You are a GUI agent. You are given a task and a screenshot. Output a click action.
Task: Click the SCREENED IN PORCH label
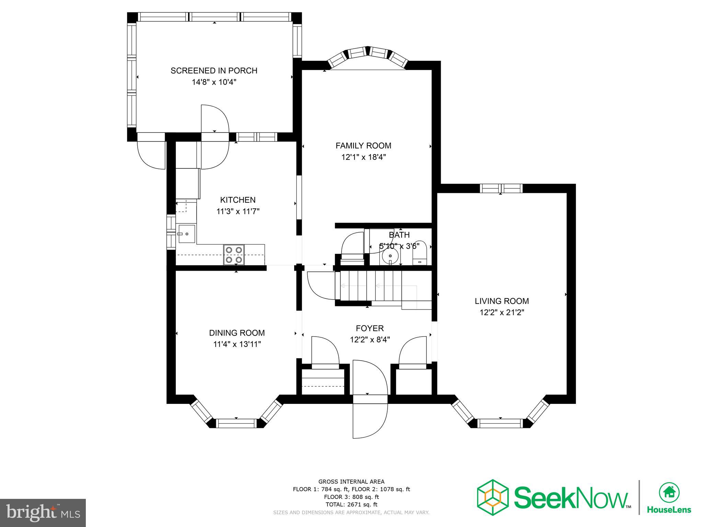tap(214, 71)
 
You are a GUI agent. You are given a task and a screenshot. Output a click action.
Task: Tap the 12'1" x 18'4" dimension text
tap(364, 157)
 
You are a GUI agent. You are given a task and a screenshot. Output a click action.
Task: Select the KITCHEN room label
tap(238, 200)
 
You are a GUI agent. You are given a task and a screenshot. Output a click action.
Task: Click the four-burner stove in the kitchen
tap(234, 255)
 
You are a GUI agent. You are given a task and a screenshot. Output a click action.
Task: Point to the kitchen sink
tap(187, 234)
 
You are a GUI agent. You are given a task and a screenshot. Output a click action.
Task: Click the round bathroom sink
tap(390, 256)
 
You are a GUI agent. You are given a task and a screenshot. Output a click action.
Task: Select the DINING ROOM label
tap(237, 333)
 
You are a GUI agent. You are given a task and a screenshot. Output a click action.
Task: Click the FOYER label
tap(370, 328)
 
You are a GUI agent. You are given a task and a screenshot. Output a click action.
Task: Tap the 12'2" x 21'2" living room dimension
tap(502, 313)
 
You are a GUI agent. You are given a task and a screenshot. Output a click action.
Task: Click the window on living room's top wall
tap(501, 188)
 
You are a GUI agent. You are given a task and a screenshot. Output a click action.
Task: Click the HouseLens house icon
tap(669, 492)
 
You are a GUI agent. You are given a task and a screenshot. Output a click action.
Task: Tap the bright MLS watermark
tap(43, 513)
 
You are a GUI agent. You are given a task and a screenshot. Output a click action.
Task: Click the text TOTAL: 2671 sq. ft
tap(351, 504)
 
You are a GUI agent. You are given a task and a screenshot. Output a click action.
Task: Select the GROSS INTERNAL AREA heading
tap(351, 482)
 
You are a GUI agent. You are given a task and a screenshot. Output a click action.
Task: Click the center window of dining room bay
tap(237, 423)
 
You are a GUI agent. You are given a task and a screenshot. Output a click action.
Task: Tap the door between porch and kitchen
tap(215, 137)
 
